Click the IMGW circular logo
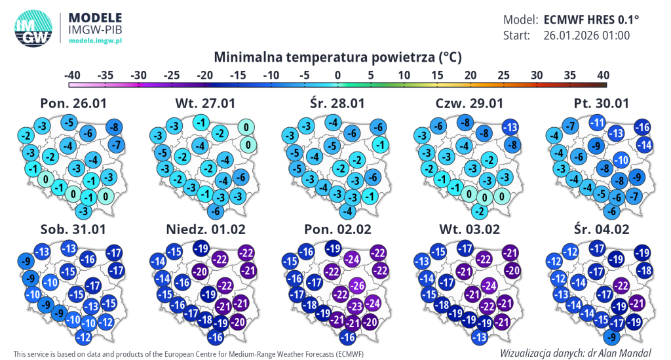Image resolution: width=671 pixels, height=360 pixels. coord(32,28)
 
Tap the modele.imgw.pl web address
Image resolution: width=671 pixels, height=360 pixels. coord(96,41)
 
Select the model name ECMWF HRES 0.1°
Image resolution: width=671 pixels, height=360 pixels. coord(591,19)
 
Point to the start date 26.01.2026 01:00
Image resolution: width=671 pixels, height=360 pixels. coord(586,35)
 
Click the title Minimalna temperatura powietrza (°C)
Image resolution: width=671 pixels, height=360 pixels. coord(337,57)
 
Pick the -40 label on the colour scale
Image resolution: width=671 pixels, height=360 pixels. coord(72,75)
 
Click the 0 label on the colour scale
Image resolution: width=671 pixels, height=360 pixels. coord(337,75)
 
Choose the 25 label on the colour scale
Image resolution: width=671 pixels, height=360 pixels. coord(503,75)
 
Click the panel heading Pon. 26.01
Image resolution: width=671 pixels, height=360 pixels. coord(73,104)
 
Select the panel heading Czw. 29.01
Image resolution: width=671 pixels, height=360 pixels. coord(469,104)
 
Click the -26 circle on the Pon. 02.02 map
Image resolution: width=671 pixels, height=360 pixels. coord(356,285)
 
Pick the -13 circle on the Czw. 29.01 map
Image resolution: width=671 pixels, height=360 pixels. coord(510,127)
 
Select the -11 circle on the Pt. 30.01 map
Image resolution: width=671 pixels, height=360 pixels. coord(597,122)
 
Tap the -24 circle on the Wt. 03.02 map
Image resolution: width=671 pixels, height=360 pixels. coord(489,285)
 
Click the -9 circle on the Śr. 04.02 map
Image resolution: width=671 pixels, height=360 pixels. coord(610,337)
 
